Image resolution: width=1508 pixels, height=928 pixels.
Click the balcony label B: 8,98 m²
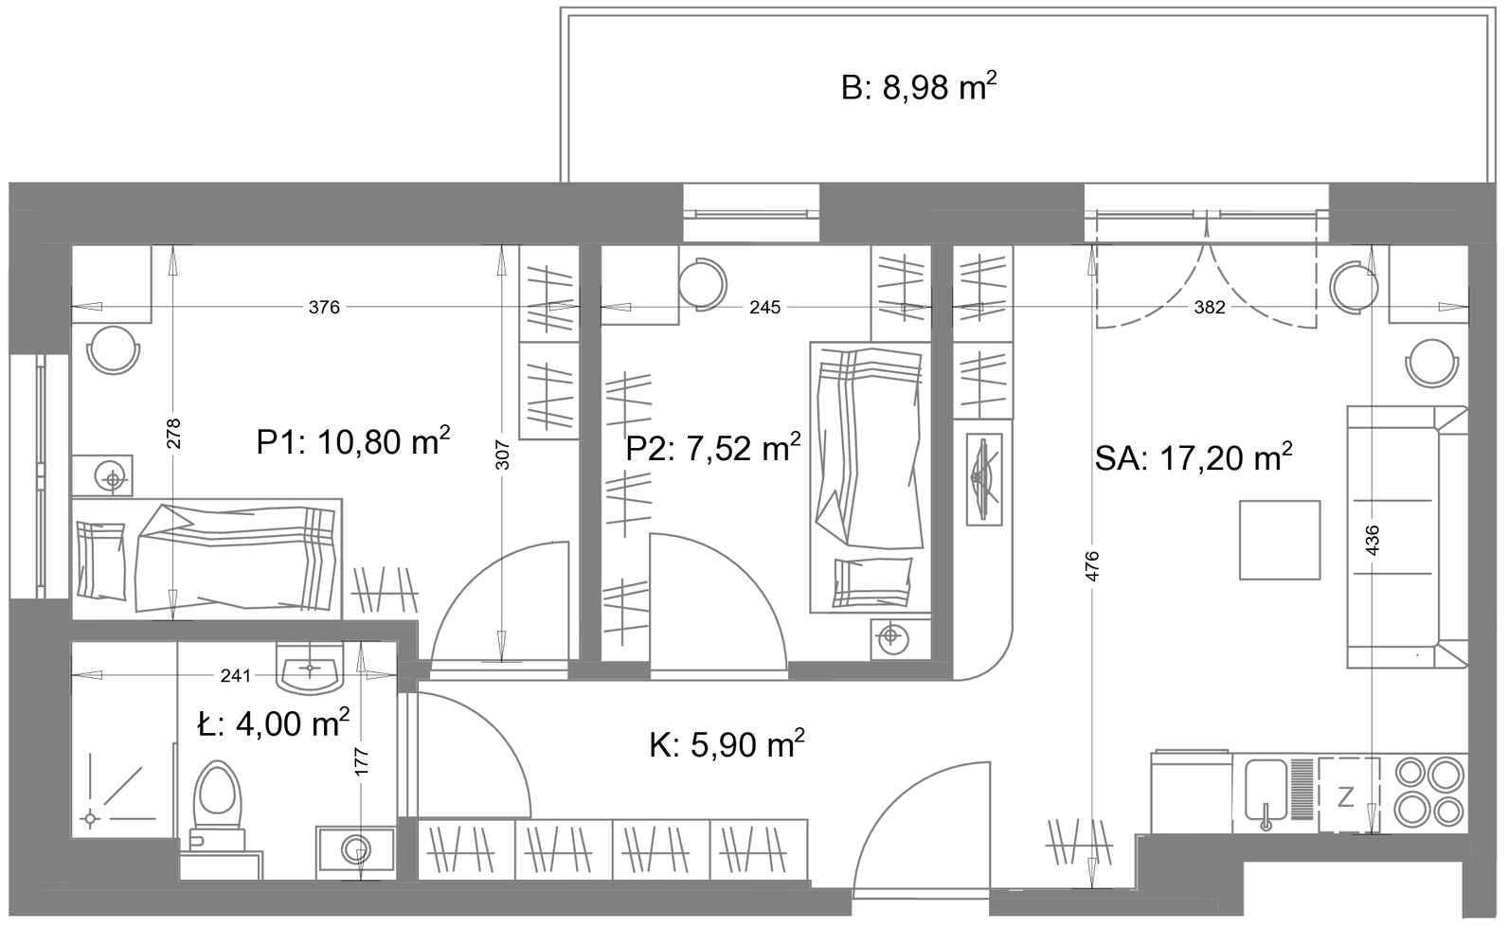[x=919, y=87]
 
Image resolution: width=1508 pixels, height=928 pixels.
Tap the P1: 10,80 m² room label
[x=353, y=442]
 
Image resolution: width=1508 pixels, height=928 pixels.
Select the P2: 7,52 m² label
[x=713, y=448]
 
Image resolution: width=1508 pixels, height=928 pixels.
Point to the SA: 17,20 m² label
[x=1194, y=458]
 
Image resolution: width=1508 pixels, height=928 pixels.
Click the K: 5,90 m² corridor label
[x=727, y=745]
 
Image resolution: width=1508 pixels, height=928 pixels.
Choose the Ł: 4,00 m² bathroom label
[x=274, y=724]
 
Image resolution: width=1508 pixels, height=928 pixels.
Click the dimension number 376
[x=325, y=308]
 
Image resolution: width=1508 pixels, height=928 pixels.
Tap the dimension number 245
[x=764, y=308]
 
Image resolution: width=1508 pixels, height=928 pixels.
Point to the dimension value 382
[x=1209, y=308]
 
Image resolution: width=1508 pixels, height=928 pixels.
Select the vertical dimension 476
[x=1092, y=566]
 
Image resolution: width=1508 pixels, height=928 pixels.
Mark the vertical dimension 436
[x=1372, y=540]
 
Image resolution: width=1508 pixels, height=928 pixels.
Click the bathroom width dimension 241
[x=236, y=676]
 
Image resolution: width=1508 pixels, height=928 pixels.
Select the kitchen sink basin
[x=1266, y=791]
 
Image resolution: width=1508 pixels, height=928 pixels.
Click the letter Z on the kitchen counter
[x=1345, y=797]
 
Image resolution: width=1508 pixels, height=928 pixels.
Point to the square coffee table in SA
[x=1280, y=540]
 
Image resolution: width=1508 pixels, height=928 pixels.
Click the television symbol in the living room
[x=984, y=479]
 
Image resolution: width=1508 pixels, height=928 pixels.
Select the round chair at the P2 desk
[x=703, y=284]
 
